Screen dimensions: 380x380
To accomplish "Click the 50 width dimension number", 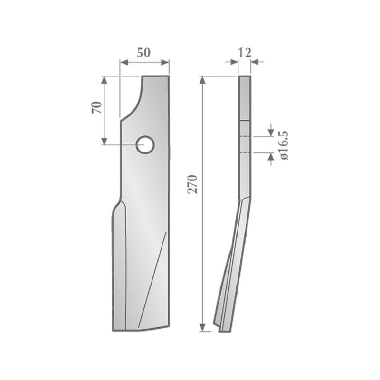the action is [x=144, y=53].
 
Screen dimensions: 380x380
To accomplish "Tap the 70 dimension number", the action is [x=97, y=107].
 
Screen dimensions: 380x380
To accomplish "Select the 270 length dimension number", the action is [x=193, y=184].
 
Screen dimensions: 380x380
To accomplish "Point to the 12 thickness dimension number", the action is [x=245, y=53].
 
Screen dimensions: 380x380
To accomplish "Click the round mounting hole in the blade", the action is [x=145, y=145].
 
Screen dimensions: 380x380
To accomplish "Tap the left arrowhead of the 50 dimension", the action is [x=124, y=63].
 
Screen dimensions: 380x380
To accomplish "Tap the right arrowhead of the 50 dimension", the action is [x=165, y=63].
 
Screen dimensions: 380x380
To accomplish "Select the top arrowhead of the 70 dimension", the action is [x=104, y=80].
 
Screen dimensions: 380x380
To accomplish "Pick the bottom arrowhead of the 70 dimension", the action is [x=104, y=141].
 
